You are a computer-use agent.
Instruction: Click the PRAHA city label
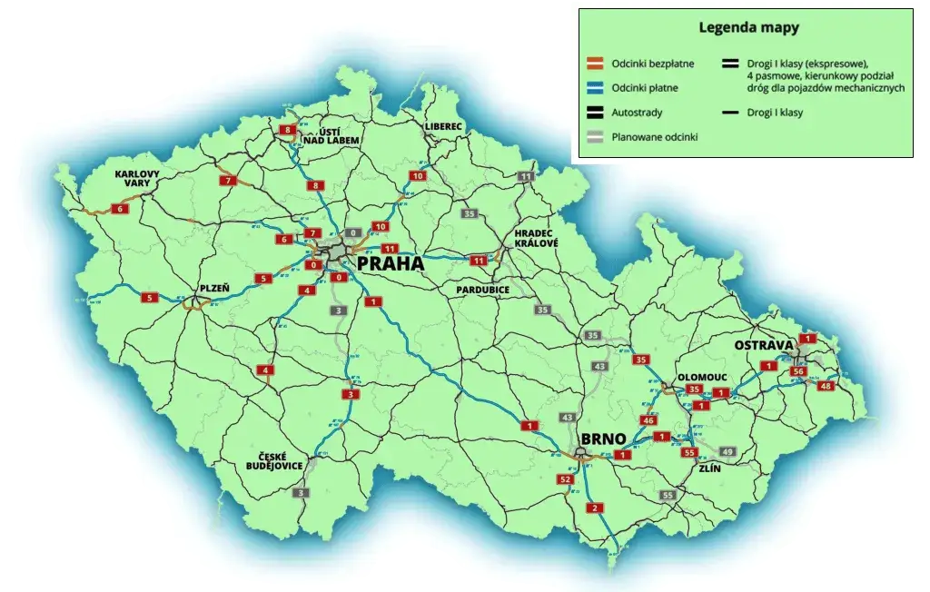[391, 263]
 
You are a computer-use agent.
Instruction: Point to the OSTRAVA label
[764, 345]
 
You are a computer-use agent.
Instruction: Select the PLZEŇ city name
[214, 289]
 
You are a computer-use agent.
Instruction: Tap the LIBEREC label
[442, 125]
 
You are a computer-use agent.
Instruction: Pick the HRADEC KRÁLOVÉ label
[535, 237]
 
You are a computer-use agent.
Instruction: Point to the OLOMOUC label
[700, 375]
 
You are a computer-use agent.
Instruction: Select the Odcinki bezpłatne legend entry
[653, 63]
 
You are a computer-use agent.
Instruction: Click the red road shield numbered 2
[595, 508]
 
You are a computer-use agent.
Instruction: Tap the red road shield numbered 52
[566, 479]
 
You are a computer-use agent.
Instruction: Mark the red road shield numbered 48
[826, 387]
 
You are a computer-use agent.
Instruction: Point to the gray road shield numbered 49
[727, 451]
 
